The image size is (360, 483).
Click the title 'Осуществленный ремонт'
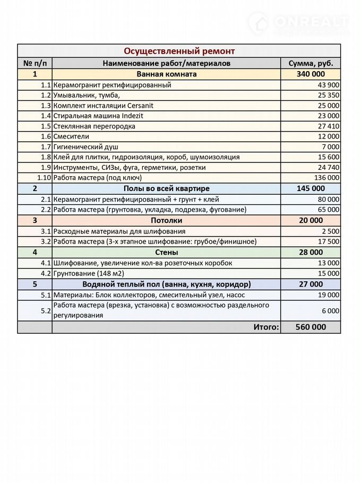point(179,51)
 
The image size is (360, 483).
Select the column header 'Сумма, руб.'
point(311,63)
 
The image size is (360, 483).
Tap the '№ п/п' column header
point(35,63)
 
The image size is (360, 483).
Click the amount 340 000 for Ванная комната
point(311,74)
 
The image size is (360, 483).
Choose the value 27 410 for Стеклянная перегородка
point(328,126)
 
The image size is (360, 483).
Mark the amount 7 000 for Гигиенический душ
point(330,147)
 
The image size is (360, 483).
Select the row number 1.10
point(44,178)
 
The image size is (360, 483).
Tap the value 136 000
point(326,178)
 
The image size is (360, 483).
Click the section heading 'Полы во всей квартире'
point(167,188)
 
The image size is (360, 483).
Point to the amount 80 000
point(328,199)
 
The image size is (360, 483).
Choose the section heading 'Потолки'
point(166,220)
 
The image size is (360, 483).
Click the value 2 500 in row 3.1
point(330,231)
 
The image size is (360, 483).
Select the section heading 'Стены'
point(166,252)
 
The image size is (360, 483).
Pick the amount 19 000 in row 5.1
point(328,295)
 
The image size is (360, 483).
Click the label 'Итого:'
point(265,327)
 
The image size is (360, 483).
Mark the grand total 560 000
point(311,327)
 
